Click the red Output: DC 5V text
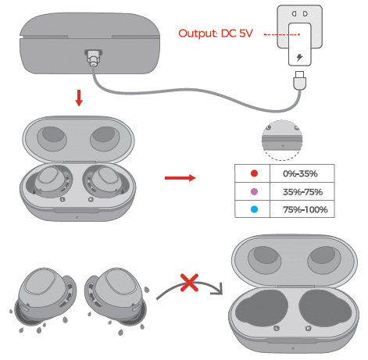[216, 34]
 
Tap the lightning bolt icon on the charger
[299, 57]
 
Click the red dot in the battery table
[254, 173]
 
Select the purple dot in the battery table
[254, 192]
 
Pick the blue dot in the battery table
[254, 209]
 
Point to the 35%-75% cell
[302, 192]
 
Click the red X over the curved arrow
[189, 283]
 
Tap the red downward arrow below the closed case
[79, 98]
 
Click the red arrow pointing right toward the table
[180, 178]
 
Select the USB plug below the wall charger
[299, 80]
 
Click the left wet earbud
[46, 297]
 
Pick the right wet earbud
[116, 297]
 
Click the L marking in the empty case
[277, 328]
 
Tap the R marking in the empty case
[308, 328]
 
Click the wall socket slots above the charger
[299, 13]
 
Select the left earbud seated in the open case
[52, 181]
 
